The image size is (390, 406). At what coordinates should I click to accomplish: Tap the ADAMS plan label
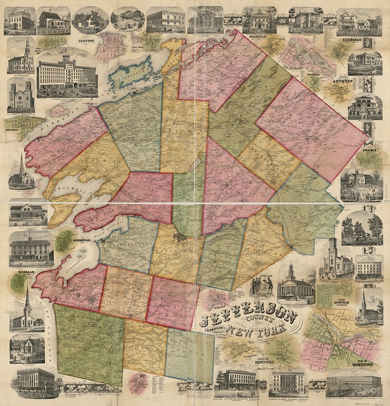[368, 150]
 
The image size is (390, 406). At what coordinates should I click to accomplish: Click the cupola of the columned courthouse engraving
[290, 269]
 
